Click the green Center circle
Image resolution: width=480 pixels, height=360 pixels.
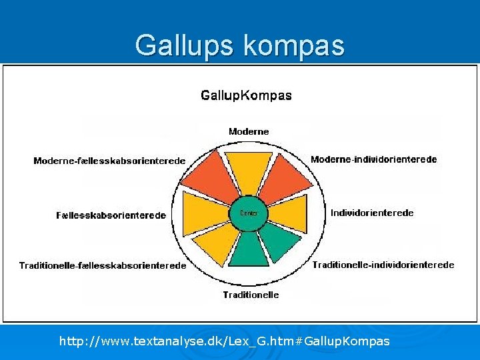point(249,213)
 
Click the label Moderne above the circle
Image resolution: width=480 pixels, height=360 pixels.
point(249,131)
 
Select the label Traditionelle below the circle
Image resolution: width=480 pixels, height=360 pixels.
point(251,295)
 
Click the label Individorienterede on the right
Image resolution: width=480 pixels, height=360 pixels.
point(372,213)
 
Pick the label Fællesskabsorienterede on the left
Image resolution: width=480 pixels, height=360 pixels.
point(111,215)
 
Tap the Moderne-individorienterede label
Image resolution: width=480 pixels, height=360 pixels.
point(373,159)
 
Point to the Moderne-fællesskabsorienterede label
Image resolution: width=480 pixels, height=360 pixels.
point(109,161)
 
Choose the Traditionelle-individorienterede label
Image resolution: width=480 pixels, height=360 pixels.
point(383,265)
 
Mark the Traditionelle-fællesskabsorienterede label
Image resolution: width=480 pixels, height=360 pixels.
point(103,265)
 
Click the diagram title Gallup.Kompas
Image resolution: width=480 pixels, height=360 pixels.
point(246,95)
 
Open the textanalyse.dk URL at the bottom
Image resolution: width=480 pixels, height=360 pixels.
point(225,341)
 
